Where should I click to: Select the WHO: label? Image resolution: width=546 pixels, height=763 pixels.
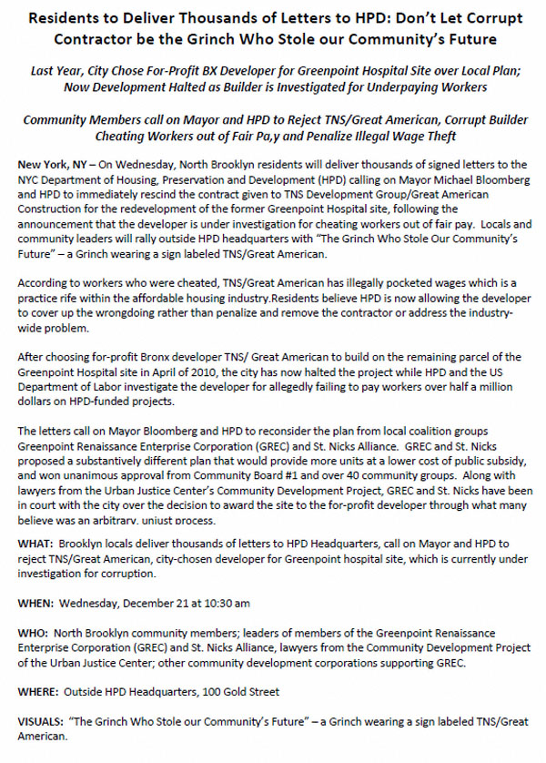coord(34,630)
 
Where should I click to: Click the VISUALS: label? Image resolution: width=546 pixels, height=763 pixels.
coord(43,721)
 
